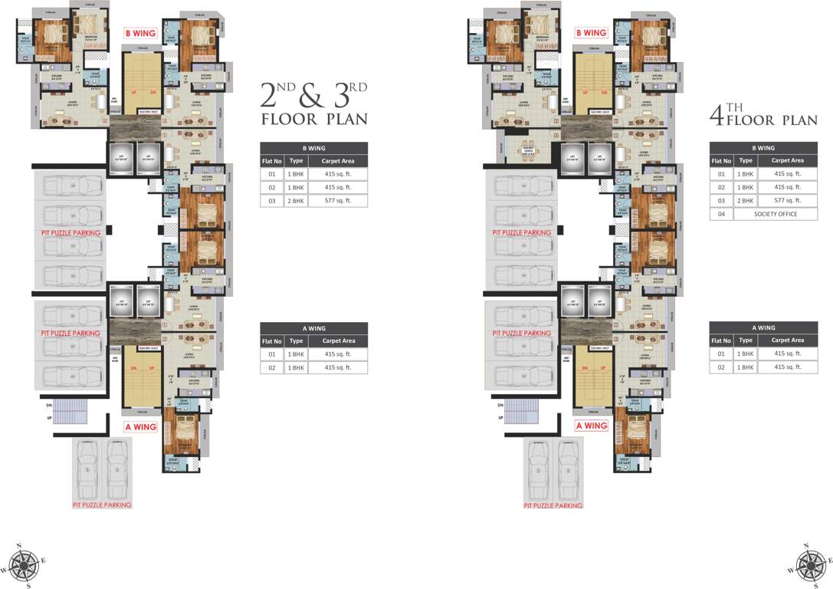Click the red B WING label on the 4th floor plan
point(592,33)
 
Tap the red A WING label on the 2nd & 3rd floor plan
point(141,426)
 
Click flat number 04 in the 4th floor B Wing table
point(721,214)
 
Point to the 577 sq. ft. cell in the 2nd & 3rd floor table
point(336,201)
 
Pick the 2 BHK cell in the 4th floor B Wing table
point(746,201)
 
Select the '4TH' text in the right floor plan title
point(725,114)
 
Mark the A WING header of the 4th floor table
point(763,327)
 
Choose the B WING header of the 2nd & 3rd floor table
point(313,148)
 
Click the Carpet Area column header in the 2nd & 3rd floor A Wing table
point(338,341)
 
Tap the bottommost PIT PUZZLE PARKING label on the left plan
point(102,505)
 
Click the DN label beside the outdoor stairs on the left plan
point(48,404)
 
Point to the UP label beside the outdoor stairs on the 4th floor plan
point(499,418)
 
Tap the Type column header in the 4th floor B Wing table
point(746,161)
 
